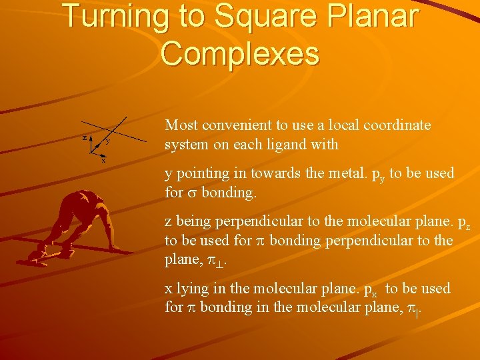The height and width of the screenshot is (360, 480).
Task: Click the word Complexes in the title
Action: pyautogui.click(x=240, y=53)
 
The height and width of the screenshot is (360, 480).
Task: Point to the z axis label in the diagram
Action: pyautogui.click(x=84, y=137)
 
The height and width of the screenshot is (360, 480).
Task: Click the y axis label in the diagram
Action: pyautogui.click(x=108, y=141)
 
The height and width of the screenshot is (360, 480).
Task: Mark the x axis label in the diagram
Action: pyautogui.click(x=103, y=161)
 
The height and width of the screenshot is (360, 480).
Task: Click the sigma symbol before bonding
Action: pyautogui.click(x=191, y=193)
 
